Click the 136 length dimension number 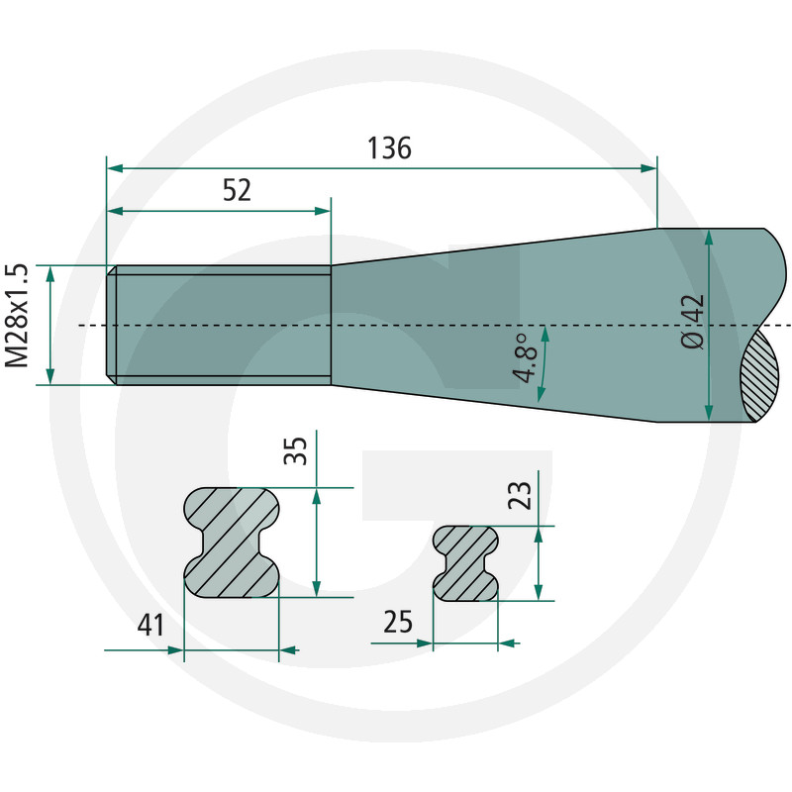click(389, 148)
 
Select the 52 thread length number click(237, 190)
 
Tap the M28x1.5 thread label click(17, 315)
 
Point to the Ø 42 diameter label click(692, 321)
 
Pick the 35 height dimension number click(295, 450)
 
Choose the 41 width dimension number click(151, 625)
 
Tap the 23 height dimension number click(520, 496)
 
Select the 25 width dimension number click(398, 622)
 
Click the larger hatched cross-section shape click(232, 543)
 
